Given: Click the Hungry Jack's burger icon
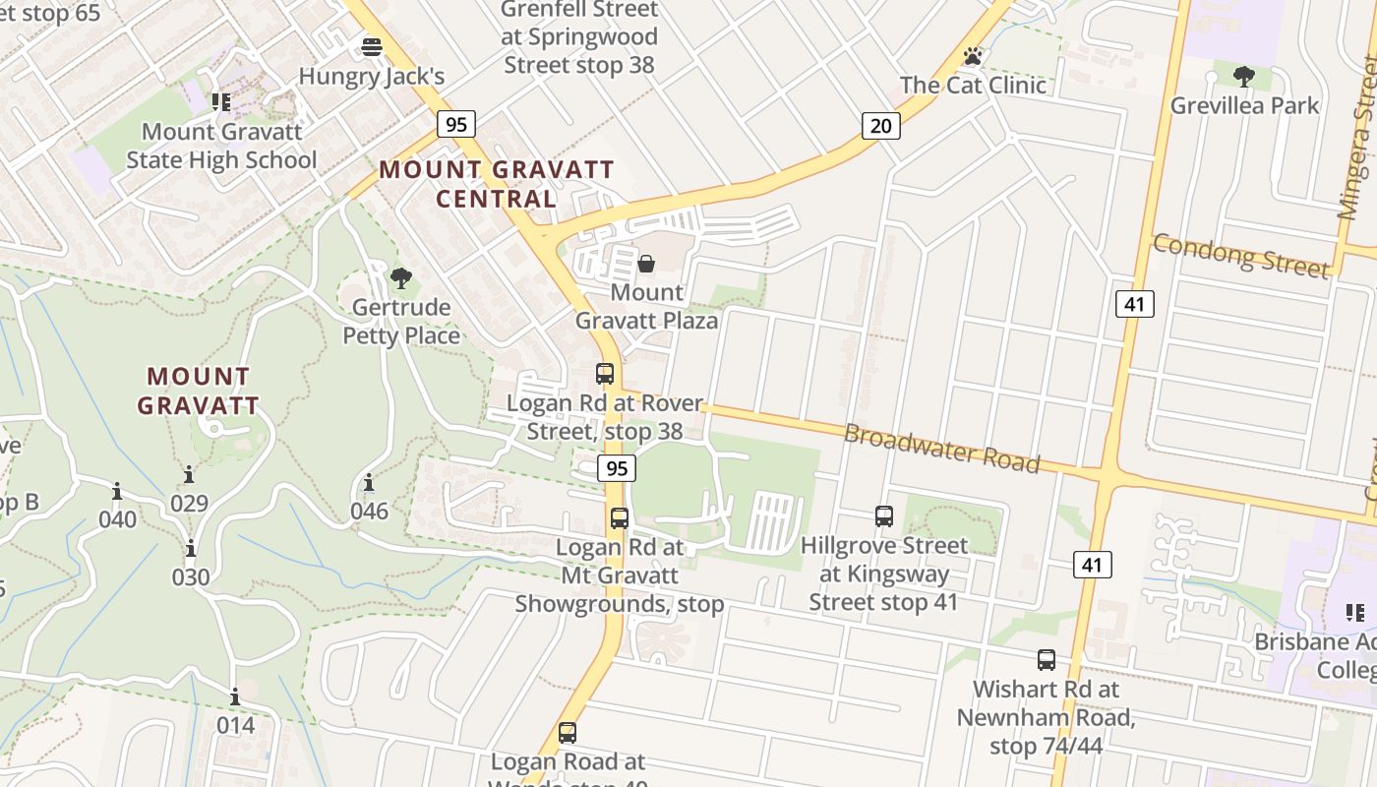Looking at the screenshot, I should (x=372, y=46).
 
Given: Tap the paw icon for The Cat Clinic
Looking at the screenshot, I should (x=973, y=56).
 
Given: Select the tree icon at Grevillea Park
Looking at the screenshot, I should (x=1243, y=76).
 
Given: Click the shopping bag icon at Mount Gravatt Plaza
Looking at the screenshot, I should (x=646, y=264).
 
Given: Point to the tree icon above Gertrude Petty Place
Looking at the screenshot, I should (x=400, y=278).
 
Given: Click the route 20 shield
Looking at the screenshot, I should (x=880, y=125).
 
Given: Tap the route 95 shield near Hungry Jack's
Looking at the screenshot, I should (x=456, y=124).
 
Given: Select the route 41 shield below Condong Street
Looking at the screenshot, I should (x=1134, y=304).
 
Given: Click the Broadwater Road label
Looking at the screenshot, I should (x=941, y=448).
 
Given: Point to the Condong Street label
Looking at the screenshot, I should (x=1240, y=256).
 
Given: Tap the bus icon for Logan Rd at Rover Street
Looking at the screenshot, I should (x=605, y=374).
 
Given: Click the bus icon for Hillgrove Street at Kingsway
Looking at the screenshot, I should (x=883, y=516).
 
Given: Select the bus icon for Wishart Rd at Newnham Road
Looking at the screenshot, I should (x=1046, y=660).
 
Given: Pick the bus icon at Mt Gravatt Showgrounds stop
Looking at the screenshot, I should (x=619, y=518).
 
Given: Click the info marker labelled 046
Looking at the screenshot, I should (x=369, y=483).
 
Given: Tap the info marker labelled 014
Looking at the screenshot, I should (x=235, y=697).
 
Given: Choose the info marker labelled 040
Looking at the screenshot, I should (x=117, y=491).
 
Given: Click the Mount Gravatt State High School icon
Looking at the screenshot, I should (x=221, y=101).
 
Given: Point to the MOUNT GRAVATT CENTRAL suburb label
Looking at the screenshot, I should (x=497, y=184).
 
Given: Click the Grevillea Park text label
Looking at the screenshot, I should (x=1244, y=105).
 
